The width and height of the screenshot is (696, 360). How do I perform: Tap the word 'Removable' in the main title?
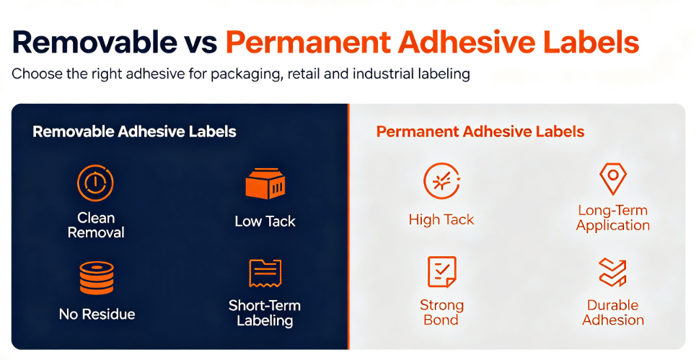point(94,41)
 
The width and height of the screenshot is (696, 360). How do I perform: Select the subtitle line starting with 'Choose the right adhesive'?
point(241,74)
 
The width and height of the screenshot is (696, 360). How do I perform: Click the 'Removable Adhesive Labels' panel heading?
point(134,132)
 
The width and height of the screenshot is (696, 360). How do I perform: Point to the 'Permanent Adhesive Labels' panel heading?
point(480,132)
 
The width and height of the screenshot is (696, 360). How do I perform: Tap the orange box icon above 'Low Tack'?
point(265,183)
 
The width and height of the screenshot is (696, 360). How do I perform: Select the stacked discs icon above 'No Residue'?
point(97,278)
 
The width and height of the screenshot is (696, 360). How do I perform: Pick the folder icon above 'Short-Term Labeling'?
point(265,273)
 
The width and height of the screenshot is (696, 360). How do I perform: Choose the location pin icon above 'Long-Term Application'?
point(613,179)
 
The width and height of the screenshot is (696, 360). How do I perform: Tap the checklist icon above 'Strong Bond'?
point(441,272)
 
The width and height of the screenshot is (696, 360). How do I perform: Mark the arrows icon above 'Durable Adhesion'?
point(612,272)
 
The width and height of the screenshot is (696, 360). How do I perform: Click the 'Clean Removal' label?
point(96,225)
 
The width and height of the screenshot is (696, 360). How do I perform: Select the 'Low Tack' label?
point(265,221)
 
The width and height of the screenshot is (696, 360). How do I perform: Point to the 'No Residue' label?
point(97,315)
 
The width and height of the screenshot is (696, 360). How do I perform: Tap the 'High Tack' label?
point(441,220)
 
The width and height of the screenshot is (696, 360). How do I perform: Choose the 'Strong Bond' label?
point(441,312)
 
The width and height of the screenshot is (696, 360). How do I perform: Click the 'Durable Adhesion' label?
point(613,312)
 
